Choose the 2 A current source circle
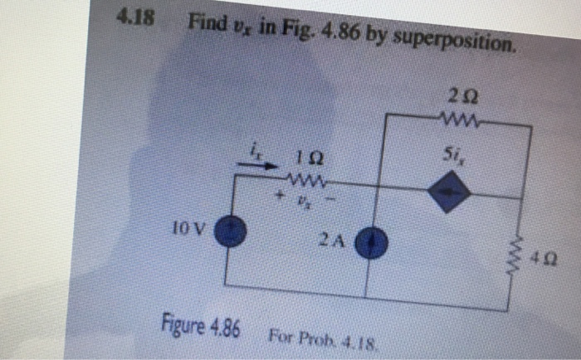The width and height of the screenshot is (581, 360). point(366,244)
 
